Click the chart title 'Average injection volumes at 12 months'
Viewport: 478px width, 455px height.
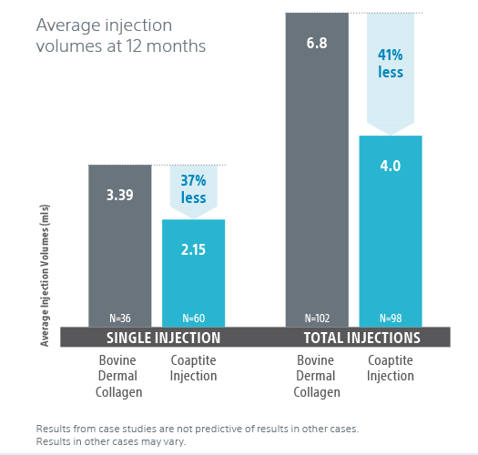tap(121, 35)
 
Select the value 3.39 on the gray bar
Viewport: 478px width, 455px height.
tap(120, 195)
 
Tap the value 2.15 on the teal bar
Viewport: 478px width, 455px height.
tap(193, 250)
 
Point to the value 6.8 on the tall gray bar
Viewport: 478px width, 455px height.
tap(317, 43)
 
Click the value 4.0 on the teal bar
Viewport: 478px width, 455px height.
tap(391, 167)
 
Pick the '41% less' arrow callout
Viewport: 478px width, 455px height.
tap(391, 74)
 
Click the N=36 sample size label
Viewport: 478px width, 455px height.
tap(120, 318)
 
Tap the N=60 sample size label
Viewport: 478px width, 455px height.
tap(194, 318)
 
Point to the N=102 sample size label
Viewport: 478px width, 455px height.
tap(317, 318)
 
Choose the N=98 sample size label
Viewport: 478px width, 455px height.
tap(391, 318)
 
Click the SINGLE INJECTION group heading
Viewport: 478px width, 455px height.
tap(163, 338)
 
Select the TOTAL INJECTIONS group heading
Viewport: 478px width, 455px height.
tap(362, 338)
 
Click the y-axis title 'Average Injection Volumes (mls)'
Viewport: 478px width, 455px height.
tap(45, 275)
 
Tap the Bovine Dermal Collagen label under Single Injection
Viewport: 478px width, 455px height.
tap(118, 376)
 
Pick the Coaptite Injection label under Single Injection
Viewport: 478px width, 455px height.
tap(193, 369)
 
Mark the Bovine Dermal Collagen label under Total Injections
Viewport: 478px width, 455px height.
tap(317, 376)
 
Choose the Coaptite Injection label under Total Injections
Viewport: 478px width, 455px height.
tap(391, 369)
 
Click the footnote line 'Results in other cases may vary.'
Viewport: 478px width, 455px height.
tap(111, 441)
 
